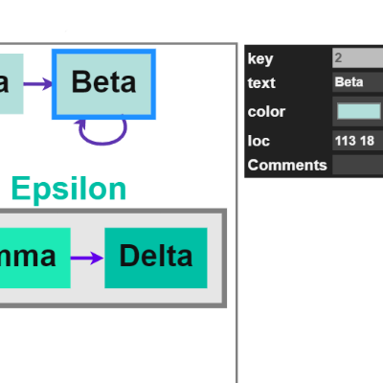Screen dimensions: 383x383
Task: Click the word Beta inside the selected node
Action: [103, 81]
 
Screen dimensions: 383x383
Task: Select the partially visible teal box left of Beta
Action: [10, 83]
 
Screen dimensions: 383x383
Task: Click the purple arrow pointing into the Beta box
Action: [38, 83]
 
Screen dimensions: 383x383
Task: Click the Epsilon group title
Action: [68, 190]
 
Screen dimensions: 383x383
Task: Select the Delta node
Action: [155, 257]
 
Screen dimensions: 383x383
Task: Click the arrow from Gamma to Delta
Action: [87, 258]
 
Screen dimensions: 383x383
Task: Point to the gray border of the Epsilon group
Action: [224, 259]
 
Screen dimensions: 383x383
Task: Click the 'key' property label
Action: [260, 58]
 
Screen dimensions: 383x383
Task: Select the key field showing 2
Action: [356, 58]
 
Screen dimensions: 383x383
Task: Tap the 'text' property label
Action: [260, 82]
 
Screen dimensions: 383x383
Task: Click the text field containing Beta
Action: [356, 82]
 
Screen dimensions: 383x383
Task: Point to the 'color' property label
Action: [266, 112]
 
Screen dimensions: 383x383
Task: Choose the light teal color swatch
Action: [358, 112]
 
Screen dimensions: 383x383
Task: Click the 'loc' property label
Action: [258, 142]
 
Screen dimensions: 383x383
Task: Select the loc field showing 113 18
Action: [356, 142]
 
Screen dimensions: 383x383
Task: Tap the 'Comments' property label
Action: [286, 165]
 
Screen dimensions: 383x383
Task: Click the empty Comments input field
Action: [356, 165]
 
